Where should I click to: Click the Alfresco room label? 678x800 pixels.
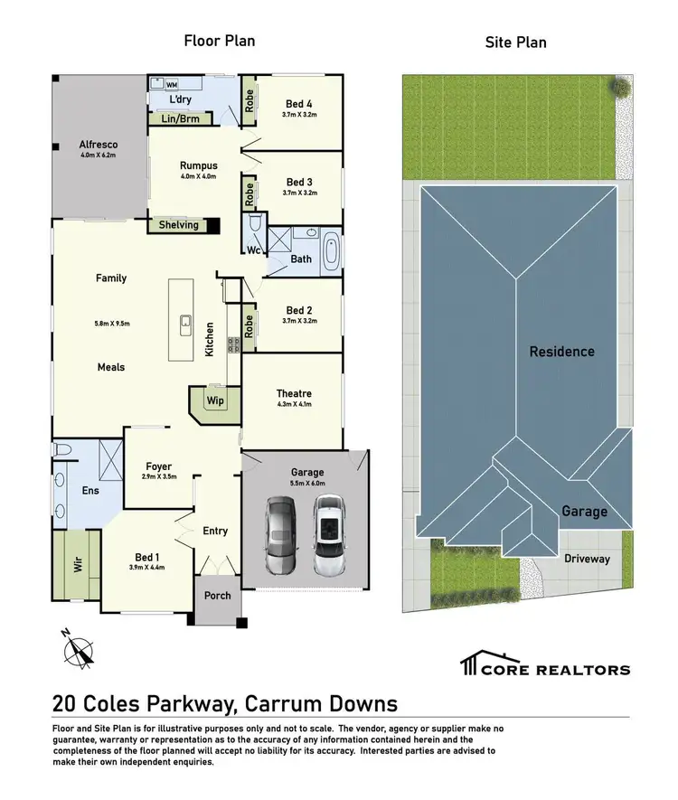99,144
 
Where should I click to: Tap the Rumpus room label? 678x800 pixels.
197,165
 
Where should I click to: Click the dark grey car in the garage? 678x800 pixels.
280,536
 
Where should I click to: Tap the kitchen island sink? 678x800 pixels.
184,322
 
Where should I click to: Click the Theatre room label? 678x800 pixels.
293,393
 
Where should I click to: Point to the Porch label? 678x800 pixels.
218,596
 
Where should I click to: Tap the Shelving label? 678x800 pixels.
178,225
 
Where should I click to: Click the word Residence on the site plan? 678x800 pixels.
561,351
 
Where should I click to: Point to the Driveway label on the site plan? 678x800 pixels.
587,559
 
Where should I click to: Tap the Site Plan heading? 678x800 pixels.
516,42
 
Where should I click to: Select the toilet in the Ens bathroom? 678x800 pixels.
63,449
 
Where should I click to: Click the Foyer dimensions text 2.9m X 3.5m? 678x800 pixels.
158,475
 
